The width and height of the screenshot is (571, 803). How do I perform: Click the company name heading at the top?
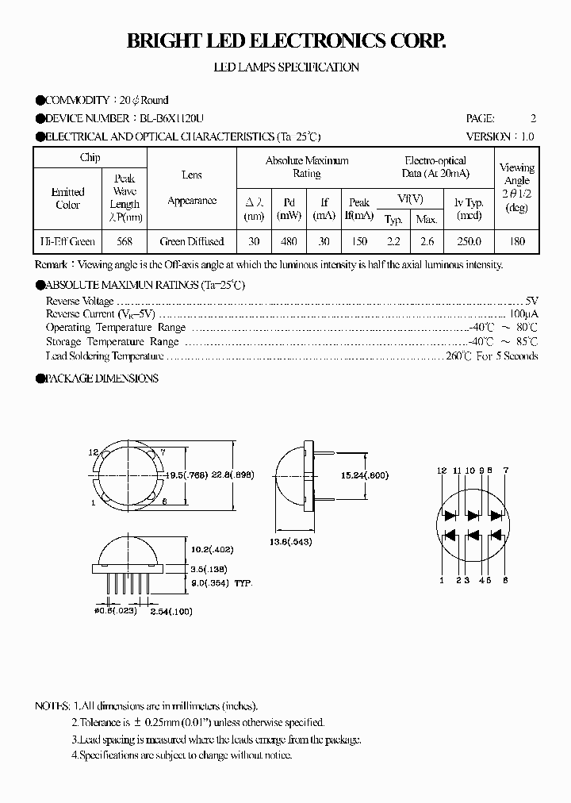click(x=285, y=42)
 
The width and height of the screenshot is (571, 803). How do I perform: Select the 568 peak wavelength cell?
click(x=125, y=241)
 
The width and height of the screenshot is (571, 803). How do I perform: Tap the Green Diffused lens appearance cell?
click(x=192, y=241)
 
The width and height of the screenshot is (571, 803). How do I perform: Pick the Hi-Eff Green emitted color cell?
click(x=67, y=241)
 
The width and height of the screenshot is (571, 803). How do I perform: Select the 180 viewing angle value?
click(x=516, y=241)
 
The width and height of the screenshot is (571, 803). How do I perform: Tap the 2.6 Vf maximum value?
click(x=427, y=241)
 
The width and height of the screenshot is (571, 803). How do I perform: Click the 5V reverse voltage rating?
click(x=531, y=301)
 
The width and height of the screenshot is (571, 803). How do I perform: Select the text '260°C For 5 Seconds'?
click(x=492, y=355)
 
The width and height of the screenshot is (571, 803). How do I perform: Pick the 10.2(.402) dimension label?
click(x=211, y=549)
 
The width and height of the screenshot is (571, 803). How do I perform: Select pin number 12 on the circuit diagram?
click(x=441, y=471)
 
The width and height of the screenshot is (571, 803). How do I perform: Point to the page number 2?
click(x=533, y=118)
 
